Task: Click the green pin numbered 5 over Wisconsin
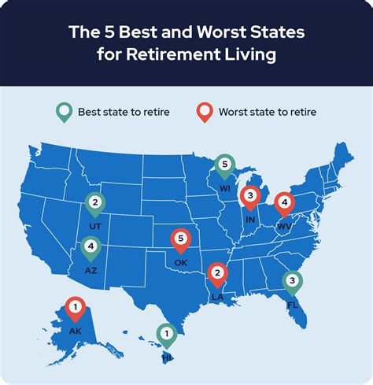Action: coord(225,166)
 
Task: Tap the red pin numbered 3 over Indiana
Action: coord(250,197)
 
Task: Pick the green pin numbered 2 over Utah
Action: coord(95,205)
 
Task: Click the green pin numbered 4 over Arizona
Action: coord(91,249)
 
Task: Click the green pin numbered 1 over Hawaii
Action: coord(166,335)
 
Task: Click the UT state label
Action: coord(95,226)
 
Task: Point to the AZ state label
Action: coord(90,269)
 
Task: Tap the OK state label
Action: coord(181,261)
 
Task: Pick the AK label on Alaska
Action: coord(75,331)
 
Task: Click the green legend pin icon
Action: coord(64,113)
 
